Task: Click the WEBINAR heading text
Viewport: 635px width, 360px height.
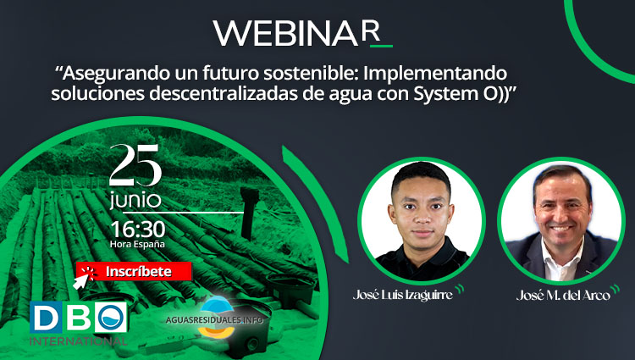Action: tap(298, 33)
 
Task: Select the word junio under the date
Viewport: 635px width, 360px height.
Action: tap(135, 201)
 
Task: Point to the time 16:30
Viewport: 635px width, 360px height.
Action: tap(138, 230)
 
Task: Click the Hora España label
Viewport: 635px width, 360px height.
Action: tap(137, 245)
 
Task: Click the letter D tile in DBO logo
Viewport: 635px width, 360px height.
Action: tap(46, 317)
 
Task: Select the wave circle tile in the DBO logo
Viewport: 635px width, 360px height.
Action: tap(111, 317)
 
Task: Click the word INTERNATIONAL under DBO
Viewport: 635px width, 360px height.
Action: tap(78, 341)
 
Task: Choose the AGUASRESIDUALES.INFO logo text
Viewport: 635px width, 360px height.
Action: tap(214, 320)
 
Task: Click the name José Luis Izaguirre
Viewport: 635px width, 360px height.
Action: tap(402, 295)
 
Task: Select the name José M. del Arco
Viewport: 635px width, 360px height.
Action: tap(563, 296)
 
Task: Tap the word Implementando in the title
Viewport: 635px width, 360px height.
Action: tap(435, 75)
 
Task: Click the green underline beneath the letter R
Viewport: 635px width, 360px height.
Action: tap(382, 46)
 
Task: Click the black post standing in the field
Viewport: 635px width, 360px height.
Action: tap(249, 213)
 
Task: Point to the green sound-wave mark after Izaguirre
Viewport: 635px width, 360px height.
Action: tap(459, 289)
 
